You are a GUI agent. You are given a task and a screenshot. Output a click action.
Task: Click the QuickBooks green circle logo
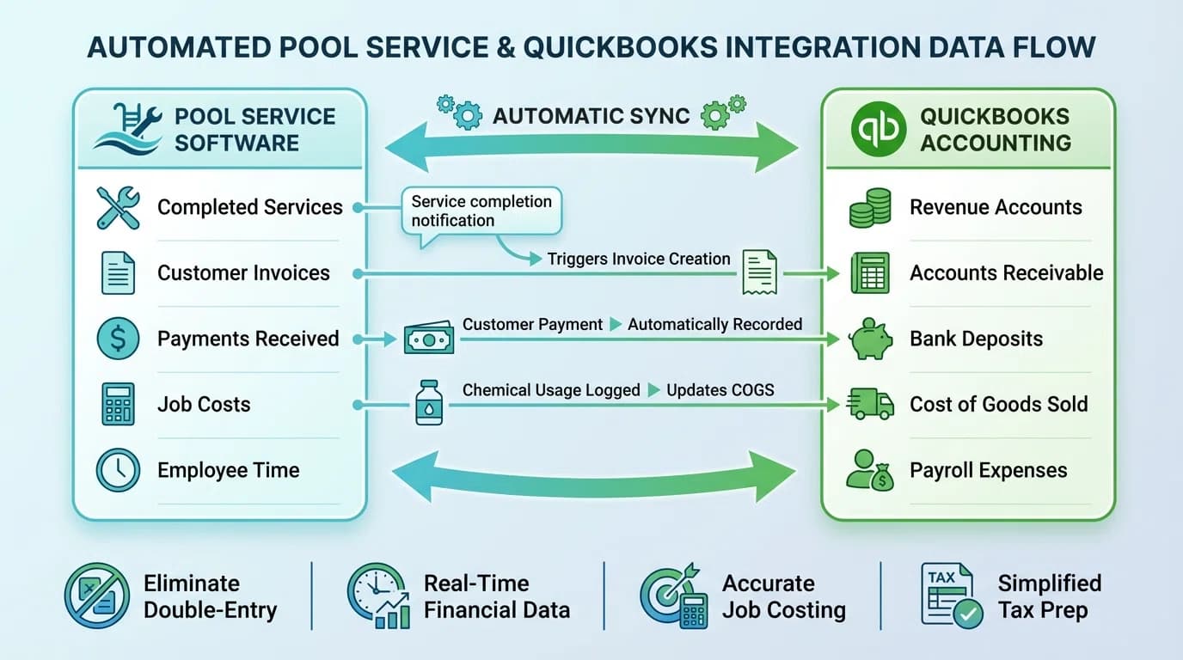(x=878, y=130)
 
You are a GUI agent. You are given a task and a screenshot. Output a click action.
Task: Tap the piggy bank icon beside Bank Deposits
(x=871, y=339)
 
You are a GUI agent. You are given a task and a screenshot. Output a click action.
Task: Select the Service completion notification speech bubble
(x=481, y=211)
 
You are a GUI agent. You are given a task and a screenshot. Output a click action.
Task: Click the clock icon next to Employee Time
(x=118, y=470)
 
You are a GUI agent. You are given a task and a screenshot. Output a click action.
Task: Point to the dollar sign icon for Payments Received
(x=118, y=339)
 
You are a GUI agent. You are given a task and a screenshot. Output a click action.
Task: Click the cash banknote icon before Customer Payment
(x=428, y=338)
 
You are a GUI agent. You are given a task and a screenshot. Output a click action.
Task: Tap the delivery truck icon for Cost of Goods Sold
(x=871, y=403)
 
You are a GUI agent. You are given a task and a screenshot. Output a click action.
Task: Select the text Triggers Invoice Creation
(x=639, y=259)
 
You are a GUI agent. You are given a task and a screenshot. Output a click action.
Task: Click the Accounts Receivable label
(x=1006, y=273)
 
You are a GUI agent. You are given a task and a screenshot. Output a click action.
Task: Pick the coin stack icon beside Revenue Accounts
(x=870, y=208)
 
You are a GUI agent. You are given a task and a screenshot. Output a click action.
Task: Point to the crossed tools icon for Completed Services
(x=118, y=208)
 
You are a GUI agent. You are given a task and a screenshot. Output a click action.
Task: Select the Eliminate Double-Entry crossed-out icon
(x=97, y=596)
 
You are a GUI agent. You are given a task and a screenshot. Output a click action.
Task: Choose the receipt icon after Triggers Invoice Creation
(x=759, y=272)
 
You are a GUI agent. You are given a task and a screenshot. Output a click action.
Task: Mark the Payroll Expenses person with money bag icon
(x=870, y=470)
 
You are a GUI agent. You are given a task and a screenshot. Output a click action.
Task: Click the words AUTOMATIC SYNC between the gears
(x=591, y=116)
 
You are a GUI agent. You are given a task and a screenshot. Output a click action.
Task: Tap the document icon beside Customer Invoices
(x=118, y=273)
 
